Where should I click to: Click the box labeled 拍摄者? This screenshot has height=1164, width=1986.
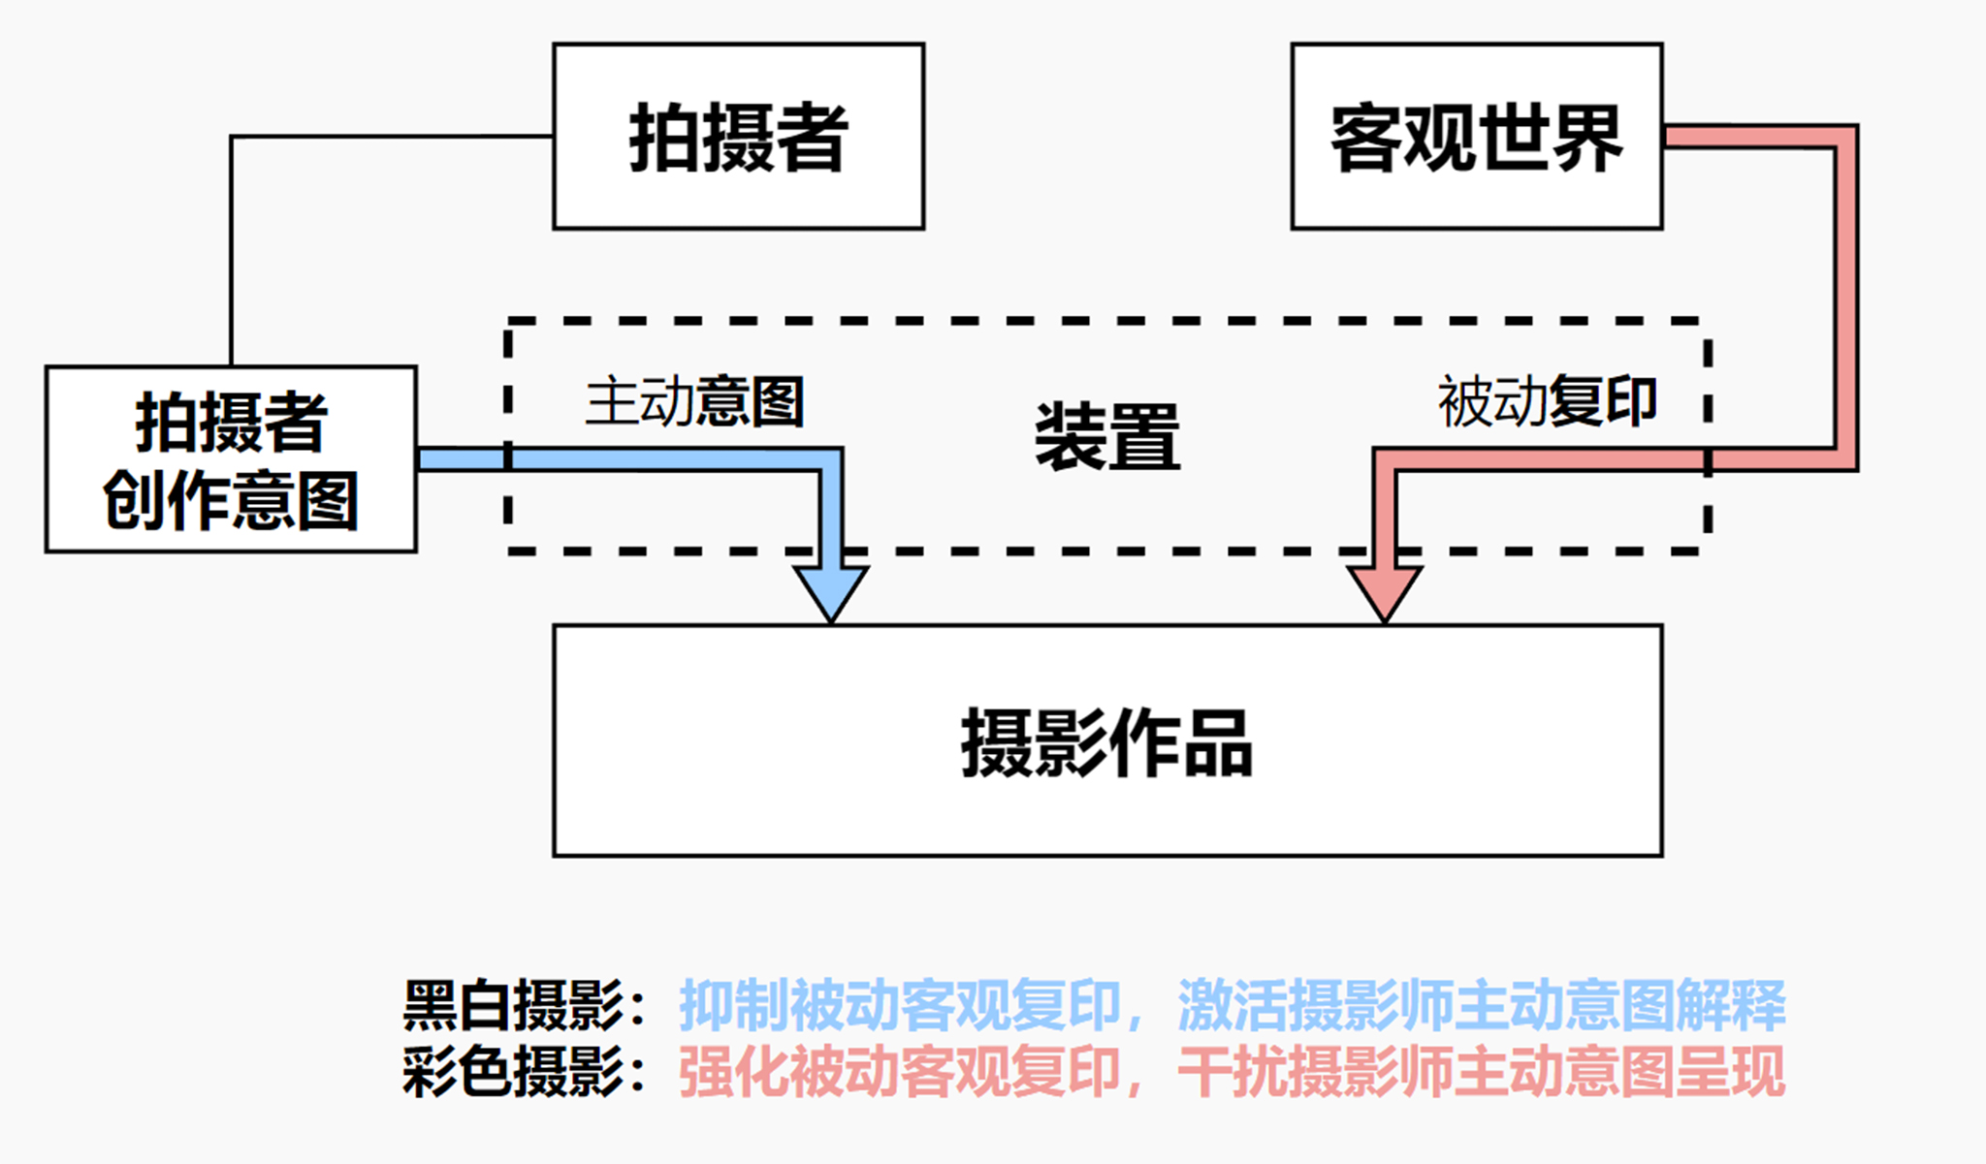pyautogui.click(x=738, y=136)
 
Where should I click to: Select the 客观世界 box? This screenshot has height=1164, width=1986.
pyautogui.click(x=1476, y=136)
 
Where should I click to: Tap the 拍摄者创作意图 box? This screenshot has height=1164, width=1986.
pyautogui.click(x=231, y=459)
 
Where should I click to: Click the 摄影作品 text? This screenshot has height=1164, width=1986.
pyautogui.click(x=1106, y=743)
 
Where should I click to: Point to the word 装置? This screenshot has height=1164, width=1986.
pyautogui.click(x=1107, y=437)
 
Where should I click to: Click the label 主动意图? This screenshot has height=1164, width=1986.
pyautogui.click(x=694, y=401)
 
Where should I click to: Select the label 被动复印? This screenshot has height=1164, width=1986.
pyautogui.click(x=1547, y=401)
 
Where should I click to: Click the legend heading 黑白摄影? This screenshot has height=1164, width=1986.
pyautogui.click(x=514, y=1005)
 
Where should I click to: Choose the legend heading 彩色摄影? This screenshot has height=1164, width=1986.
pyautogui.click(x=514, y=1073)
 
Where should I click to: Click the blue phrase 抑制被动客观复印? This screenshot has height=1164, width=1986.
pyautogui.click(x=900, y=1005)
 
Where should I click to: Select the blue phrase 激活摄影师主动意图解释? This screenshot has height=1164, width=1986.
pyautogui.click(x=1481, y=1005)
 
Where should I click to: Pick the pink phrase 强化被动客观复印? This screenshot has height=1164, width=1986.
pyautogui.click(x=900, y=1073)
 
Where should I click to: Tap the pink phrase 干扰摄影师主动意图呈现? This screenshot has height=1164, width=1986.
pyautogui.click(x=1481, y=1073)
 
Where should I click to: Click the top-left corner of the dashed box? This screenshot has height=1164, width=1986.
pyautogui.click(x=509, y=321)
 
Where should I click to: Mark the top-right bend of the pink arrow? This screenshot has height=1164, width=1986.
pyautogui.click(x=1845, y=137)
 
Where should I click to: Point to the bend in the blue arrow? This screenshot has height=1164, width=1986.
pyautogui.click(x=831, y=459)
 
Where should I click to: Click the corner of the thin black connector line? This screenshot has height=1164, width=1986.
pyautogui.click(x=232, y=137)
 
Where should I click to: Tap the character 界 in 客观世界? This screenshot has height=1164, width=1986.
pyautogui.click(x=1586, y=138)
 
